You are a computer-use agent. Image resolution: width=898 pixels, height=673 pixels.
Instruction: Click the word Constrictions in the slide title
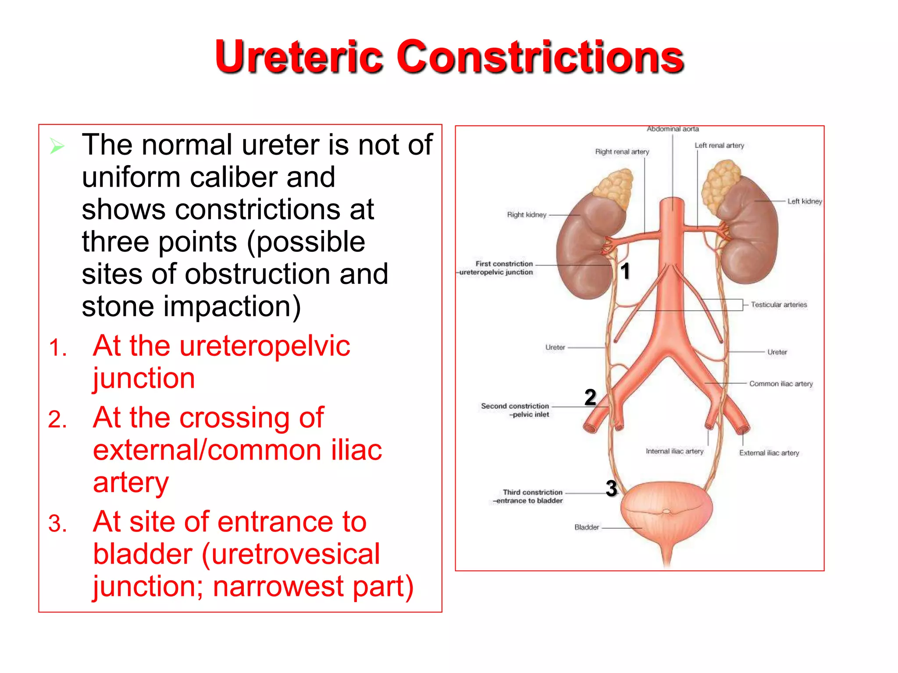pos(540,57)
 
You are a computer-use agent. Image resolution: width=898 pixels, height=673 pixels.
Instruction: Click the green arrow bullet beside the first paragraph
pos(57,146)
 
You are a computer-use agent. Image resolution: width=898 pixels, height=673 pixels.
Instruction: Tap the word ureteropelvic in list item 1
pos(265,346)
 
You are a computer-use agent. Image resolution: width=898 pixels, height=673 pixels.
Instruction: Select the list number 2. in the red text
pos(57,419)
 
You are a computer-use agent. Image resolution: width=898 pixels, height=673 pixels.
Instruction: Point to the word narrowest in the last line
pos(278,587)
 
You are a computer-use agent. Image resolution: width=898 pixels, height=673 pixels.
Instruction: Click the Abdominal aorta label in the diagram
pos(673,129)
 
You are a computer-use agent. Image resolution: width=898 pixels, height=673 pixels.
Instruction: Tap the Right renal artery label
pos(622,152)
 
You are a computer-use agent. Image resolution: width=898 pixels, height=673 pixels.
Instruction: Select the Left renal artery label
pos(719,145)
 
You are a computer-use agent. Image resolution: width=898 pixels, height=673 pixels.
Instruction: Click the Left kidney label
pos(805,202)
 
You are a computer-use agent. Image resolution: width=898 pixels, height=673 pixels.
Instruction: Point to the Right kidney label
pos(527,215)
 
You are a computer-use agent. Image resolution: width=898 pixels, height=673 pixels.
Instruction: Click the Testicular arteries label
pos(779,305)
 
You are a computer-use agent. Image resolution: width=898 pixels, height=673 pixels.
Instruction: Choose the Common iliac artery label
pos(781,384)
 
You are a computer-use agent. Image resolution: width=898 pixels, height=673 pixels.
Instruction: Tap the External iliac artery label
pos(769,453)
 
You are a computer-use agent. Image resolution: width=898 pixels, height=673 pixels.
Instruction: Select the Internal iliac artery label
pos(674,451)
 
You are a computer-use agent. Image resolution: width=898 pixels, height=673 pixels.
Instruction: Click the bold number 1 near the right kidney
pos(625,271)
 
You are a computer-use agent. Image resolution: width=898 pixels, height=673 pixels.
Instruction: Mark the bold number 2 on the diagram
pos(590,397)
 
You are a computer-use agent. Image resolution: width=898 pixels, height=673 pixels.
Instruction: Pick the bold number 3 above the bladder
pos(611,489)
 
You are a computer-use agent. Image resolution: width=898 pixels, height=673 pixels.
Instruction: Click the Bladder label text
pos(587,528)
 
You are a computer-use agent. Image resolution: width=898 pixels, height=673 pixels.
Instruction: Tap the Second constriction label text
pos(515,406)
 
